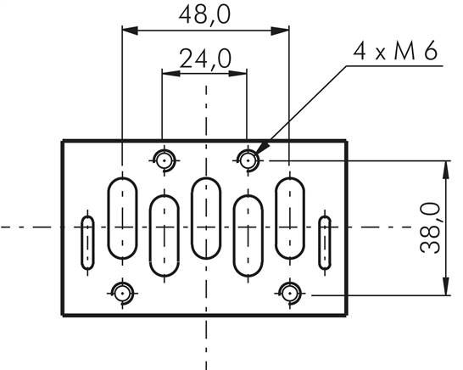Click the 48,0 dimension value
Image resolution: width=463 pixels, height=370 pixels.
tap(205, 14)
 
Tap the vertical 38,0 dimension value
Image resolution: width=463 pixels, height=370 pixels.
tap(432, 227)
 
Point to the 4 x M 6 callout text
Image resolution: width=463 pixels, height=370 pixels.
tap(396, 53)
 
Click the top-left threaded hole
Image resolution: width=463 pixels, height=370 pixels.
tap(164, 159)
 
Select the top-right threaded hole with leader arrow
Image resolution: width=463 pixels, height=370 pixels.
tap(248, 159)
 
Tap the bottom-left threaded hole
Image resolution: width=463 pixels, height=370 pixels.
tap(123, 294)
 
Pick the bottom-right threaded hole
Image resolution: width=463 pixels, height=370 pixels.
tap(290, 294)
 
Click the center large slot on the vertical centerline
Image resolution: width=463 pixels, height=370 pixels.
tap(206, 217)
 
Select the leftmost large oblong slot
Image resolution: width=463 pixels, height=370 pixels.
tap(123, 217)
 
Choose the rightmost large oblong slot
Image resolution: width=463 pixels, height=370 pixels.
tap(290, 217)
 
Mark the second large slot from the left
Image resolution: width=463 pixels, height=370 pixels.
tap(165, 235)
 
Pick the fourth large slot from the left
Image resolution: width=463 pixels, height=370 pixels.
tap(248, 235)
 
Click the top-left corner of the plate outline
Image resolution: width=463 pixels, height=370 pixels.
tap(63, 141)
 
